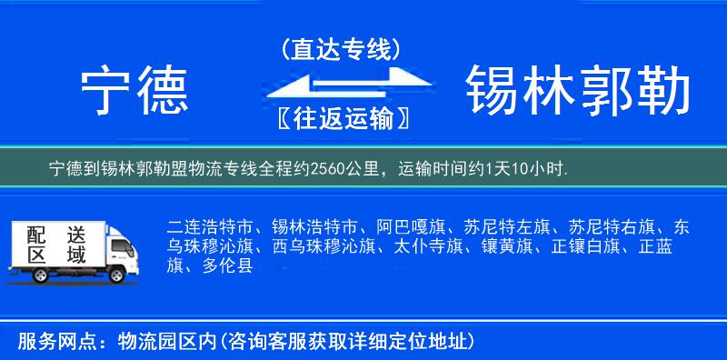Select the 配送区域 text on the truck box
pyautogui.click(x=55, y=244)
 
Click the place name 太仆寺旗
pyautogui.click(x=427, y=245)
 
